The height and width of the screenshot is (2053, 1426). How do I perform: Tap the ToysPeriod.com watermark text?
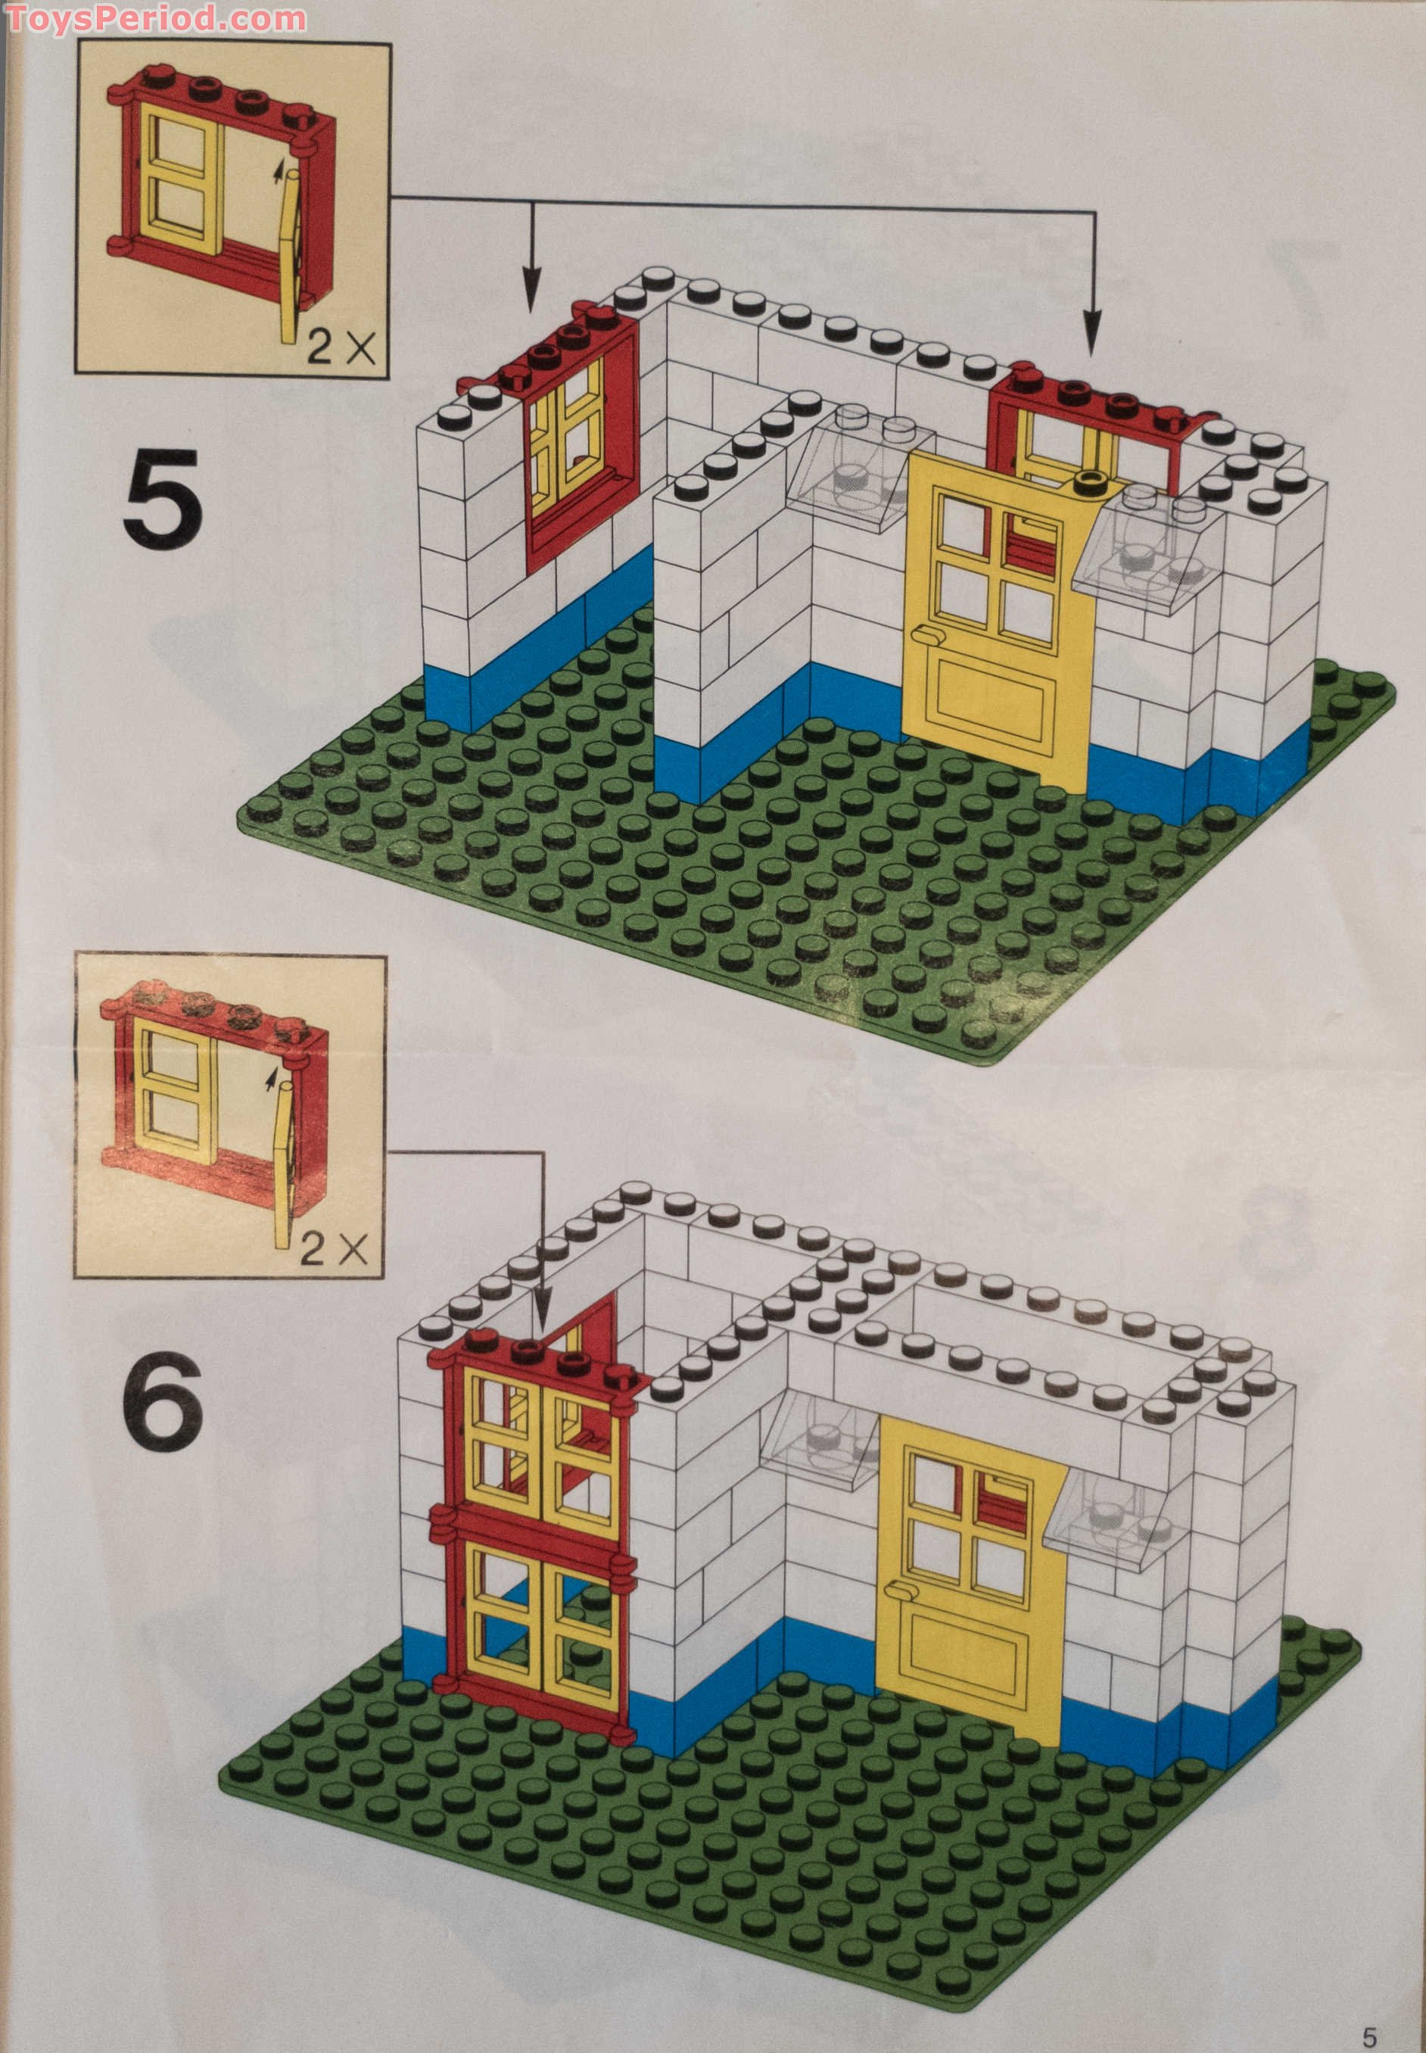coord(154,18)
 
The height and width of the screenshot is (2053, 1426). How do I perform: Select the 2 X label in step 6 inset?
coord(334,1249)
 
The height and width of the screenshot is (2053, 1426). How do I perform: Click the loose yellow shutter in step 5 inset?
coord(291,259)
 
